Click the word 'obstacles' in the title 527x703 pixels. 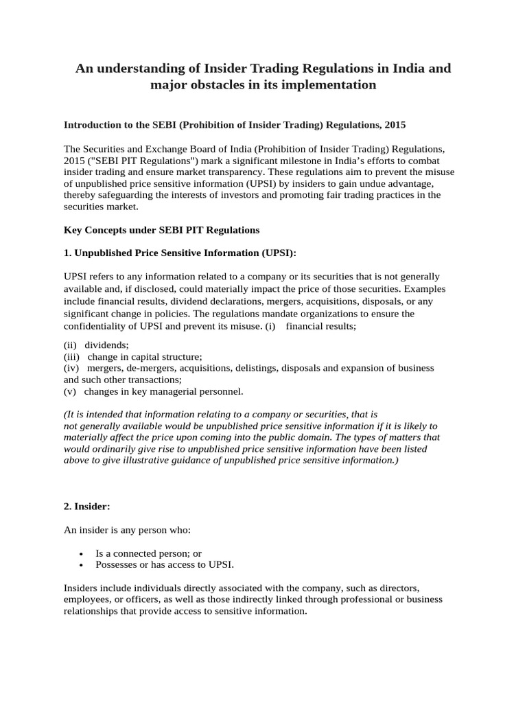(x=216, y=85)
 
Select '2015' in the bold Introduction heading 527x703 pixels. (x=393, y=125)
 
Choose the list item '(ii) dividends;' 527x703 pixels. (x=96, y=345)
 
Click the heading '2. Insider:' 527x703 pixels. (x=86, y=506)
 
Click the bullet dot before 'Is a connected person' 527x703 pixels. (x=82, y=553)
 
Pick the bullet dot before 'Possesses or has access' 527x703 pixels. (x=82, y=565)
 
